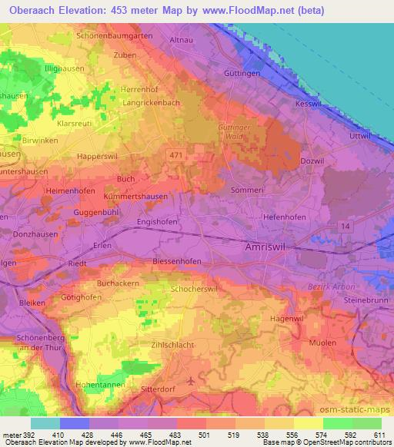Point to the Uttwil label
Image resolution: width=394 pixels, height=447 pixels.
360,135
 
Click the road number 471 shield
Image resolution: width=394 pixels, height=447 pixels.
176,156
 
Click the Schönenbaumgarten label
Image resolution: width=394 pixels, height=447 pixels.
115,36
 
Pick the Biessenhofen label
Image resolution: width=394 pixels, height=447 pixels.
177,261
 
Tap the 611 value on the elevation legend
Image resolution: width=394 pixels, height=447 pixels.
379,434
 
